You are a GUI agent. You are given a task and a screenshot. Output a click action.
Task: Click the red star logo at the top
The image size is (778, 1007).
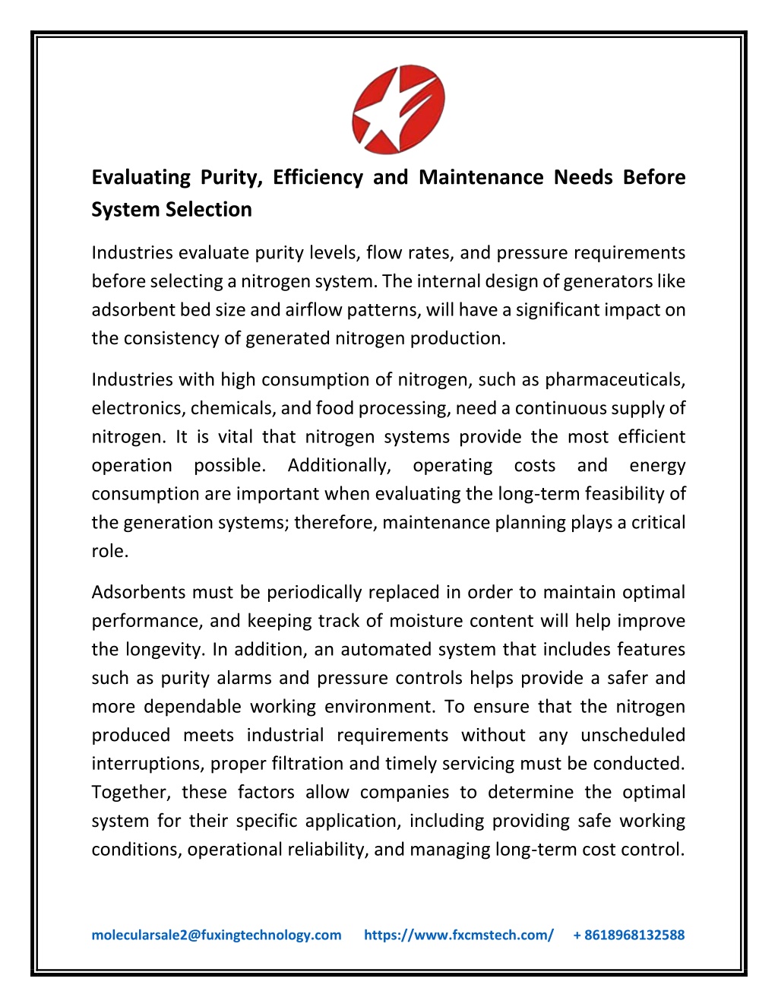coord(398,109)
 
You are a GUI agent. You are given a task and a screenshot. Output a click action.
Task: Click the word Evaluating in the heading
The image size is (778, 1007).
coord(141,178)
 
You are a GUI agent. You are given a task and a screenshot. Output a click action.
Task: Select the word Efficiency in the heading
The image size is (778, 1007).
coord(318,178)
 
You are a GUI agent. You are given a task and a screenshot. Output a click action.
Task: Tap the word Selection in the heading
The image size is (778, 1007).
coord(207,210)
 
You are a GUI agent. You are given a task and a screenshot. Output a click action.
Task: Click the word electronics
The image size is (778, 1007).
coord(138,409)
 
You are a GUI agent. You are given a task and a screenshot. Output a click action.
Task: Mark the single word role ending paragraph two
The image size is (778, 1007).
coord(109,551)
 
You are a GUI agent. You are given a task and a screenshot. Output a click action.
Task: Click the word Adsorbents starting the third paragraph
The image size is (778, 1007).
coord(139,593)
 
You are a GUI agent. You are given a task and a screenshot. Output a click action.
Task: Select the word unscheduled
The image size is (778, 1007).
coord(633,736)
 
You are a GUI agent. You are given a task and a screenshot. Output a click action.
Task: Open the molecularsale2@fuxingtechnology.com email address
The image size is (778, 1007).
coord(217,935)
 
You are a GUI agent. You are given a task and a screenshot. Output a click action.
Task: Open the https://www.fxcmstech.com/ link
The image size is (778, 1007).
coord(459,935)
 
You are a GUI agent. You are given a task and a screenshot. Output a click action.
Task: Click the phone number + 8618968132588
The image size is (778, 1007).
coord(629,935)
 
